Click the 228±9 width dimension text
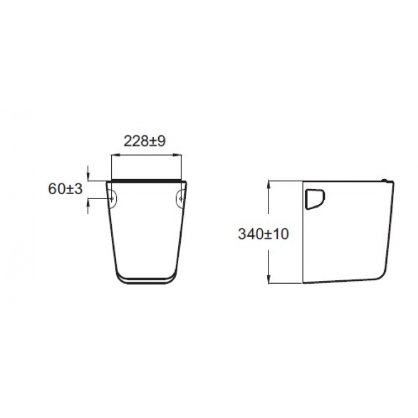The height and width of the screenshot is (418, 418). [145, 142]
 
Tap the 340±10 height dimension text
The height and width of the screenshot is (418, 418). [263, 234]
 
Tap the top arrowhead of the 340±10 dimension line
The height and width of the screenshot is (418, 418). [269, 184]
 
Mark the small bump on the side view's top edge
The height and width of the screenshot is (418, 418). [385, 180]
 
